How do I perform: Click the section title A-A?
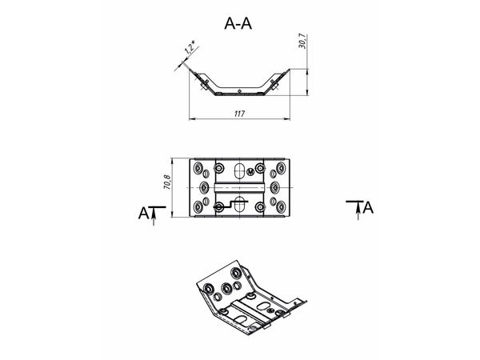pyautogui.click(x=238, y=23)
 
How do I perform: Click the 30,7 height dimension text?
pyautogui.click(x=302, y=42)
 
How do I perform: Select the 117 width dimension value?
pyautogui.click(x=239, y=114)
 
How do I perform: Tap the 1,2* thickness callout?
pyautogui.click(x=190, y=47)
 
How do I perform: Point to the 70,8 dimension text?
pyautogui.click(x=167, y=182)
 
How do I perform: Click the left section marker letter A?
pyautogui.click(x=143, y=214)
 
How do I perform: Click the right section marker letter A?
pyautogui.click(x=368, y=207)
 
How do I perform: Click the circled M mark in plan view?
pyautogui.click(x=250, y=172)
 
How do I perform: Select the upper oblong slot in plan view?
pyautogui.click(x=239, y=170)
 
